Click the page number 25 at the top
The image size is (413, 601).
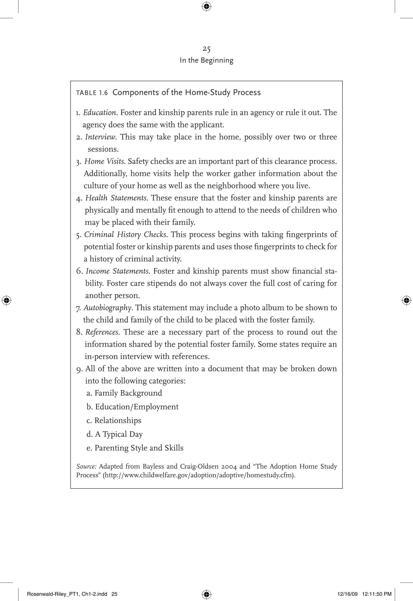pos(206,49)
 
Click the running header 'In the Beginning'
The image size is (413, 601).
pos(206,60)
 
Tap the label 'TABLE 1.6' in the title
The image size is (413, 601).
pos(92,93)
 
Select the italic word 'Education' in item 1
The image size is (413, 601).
pos(100,113)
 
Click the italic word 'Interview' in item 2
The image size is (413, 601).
pos(100,137)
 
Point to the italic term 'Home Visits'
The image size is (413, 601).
pos(104,161)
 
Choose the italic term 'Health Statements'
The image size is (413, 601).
pos(116,198)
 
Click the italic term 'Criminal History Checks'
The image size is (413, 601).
pos(125,234)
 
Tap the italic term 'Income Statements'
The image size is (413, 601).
pos(117,271)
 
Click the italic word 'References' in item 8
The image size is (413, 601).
pos(102,332)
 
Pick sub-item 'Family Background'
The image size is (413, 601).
pos(128,393)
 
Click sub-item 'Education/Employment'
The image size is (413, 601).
pos(137,407)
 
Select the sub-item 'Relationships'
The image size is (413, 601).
pos(118,420)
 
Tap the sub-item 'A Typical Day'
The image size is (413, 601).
pos(119,434)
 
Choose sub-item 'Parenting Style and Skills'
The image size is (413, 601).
pos(139,448)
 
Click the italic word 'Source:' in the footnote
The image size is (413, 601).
pos(86,467)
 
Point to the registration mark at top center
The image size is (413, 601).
pos(206,6)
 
